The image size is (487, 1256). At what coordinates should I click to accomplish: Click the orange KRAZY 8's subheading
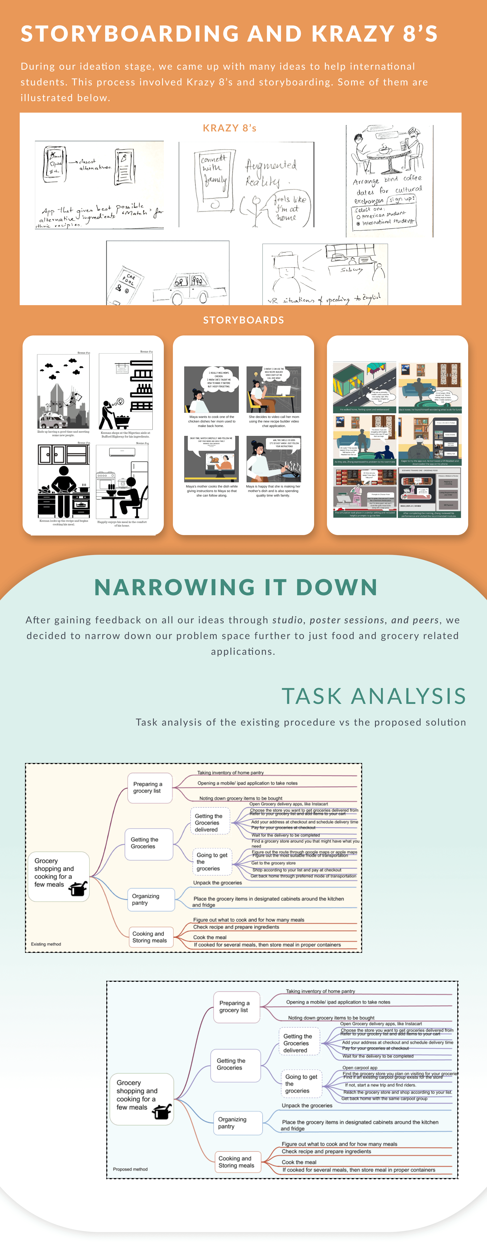[x=229, y=128]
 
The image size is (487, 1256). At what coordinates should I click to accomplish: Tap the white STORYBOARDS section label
[x=243, y=320]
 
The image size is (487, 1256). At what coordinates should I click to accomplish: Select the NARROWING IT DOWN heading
[x=236, y=587]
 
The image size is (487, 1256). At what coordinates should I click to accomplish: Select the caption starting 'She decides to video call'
[x=274, y=421]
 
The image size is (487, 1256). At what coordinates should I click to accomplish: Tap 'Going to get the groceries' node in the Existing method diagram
[x=211, y=861]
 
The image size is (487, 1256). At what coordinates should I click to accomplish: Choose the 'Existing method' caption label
[x=46, y=944]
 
